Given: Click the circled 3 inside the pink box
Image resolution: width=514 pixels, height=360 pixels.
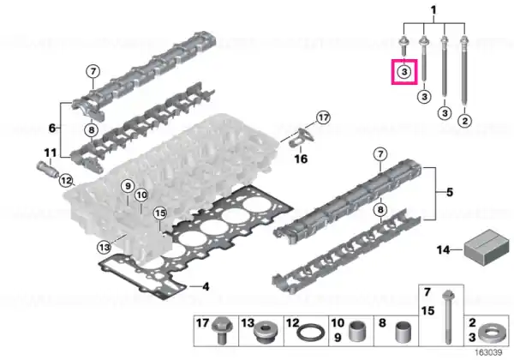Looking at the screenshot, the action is click(404, 71).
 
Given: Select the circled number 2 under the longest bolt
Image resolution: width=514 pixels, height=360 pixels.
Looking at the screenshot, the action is click(465, 121).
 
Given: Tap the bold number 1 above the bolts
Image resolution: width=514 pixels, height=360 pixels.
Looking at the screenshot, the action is click(433, 10).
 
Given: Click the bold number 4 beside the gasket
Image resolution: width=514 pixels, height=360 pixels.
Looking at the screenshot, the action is click(206, 287).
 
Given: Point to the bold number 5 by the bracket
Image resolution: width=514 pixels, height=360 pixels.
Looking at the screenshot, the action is click(450, 192).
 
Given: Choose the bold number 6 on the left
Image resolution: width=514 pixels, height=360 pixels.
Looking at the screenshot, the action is click(51, 128).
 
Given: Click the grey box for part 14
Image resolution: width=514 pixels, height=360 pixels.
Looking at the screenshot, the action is click(487, 247).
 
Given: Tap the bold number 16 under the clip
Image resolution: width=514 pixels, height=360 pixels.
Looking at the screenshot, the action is click(301, 159).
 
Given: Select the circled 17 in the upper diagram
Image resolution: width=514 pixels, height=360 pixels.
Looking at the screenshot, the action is click(324, 117).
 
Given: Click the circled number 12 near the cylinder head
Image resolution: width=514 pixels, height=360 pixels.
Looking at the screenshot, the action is click(66, 180).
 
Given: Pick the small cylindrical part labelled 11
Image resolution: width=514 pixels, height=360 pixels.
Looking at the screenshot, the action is click(47, 169).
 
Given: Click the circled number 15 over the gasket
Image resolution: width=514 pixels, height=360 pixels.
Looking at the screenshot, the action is click(160, 213).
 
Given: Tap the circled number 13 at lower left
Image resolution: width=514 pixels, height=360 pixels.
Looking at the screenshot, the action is click(104, 247).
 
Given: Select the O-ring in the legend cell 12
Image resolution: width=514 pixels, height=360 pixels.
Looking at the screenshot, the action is click(311, 333).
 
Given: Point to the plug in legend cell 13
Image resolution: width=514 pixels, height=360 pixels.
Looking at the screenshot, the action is click(266, 332).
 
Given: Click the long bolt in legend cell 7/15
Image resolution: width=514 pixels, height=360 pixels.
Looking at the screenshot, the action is click(448, 317).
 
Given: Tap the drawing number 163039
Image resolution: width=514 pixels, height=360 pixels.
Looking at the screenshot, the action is click(488, 352).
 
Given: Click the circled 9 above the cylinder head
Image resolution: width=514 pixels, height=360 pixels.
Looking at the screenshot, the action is click(128, 186).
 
